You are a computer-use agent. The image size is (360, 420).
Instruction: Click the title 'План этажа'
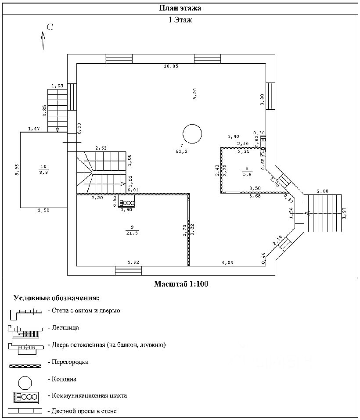[180, 8]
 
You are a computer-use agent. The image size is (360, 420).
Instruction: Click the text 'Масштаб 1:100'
[180, 284]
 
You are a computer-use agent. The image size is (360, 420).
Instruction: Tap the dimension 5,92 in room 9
[133, 262]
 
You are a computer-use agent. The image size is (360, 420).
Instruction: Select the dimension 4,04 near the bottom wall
[227, 262]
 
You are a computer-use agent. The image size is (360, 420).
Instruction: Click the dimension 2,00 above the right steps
[322, 191]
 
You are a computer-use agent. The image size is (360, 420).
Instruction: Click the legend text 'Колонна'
[64, 379]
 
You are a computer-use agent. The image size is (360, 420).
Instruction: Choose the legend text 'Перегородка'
[70, 362]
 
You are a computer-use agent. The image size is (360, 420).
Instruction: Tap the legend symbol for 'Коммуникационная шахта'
[27, 396]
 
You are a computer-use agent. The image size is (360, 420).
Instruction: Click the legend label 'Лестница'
[65, 327]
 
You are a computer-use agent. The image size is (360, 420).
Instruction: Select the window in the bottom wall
[128, 270]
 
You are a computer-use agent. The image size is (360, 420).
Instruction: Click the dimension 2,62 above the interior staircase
[101, 148]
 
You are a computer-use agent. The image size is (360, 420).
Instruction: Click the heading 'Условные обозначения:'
[56, 298]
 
